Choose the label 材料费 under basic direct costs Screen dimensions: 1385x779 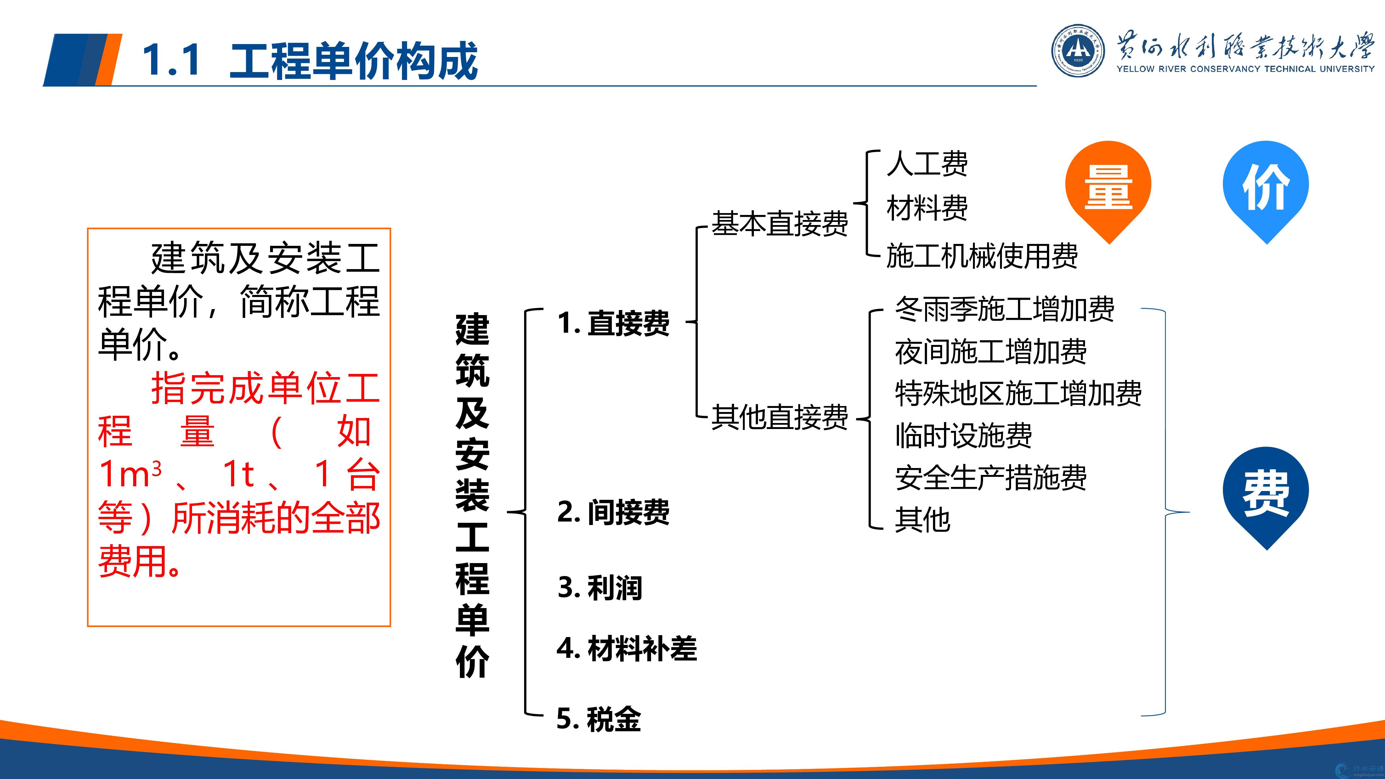click(927, 208)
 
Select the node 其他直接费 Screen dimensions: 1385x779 click(780, 417)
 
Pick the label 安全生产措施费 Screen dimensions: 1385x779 click(990, 477)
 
